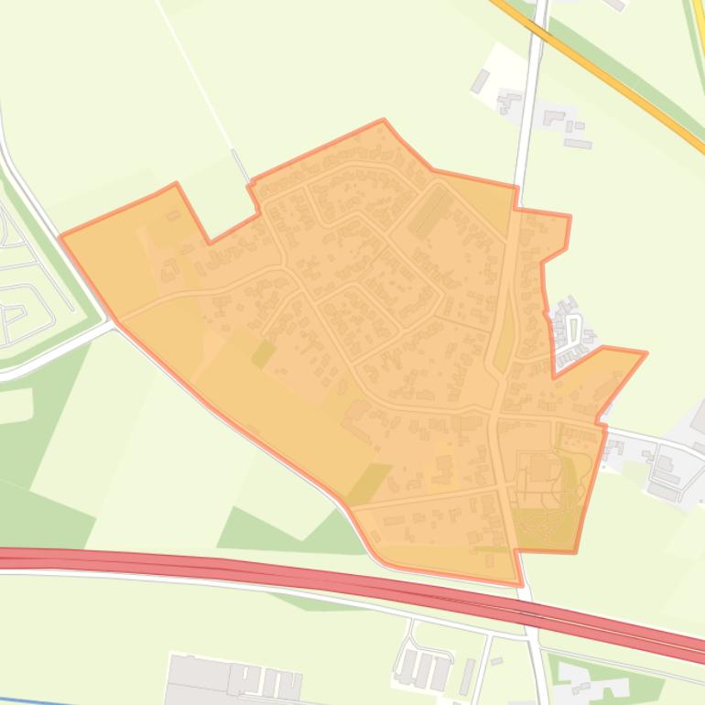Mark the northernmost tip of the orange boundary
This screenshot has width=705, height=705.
(383, 120)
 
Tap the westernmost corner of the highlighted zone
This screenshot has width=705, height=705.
(60, 237)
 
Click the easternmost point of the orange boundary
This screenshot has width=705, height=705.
(646, 352)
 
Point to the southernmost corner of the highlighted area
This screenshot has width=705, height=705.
(520, 584)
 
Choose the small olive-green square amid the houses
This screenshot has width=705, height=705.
(263, 353)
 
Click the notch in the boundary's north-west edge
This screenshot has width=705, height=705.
(211, 242)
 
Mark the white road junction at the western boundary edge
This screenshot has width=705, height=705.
(114, 322)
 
